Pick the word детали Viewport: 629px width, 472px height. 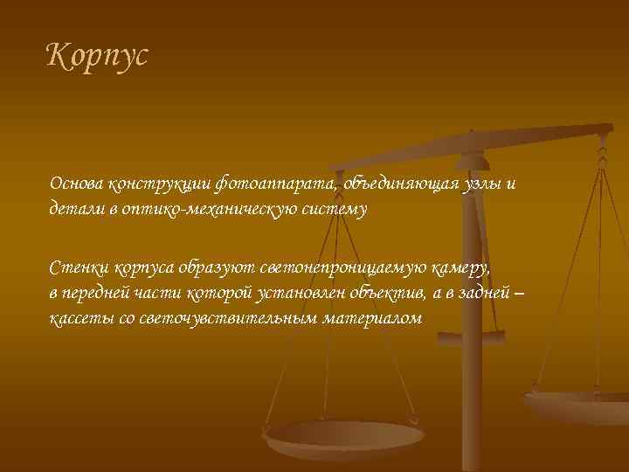(77, 210)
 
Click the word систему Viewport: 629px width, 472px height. (335, 210)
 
